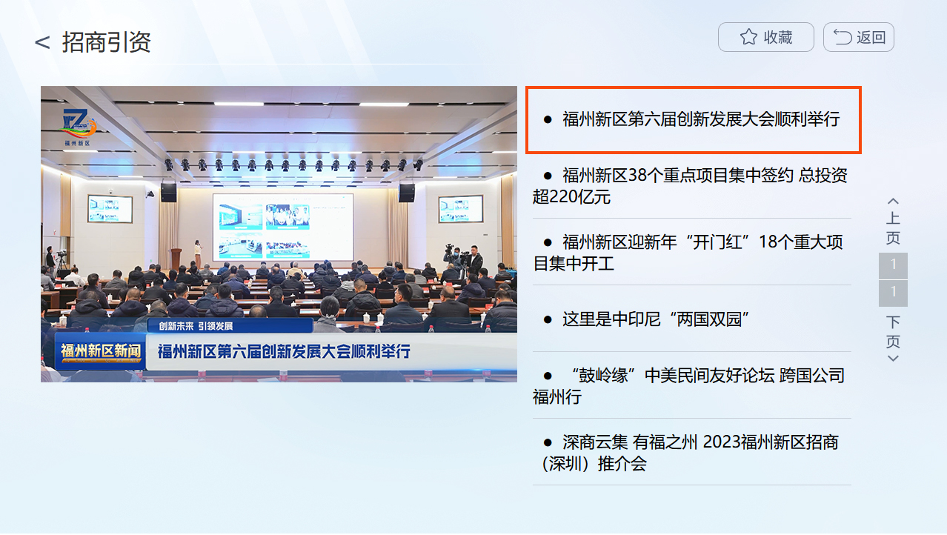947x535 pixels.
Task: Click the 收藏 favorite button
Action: point(765,37)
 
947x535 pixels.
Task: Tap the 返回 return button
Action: point(858,37)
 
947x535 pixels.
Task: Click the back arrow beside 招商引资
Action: point(42,43)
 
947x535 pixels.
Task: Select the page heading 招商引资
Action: point(107,42)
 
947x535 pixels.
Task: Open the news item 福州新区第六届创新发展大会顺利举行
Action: point(693,119)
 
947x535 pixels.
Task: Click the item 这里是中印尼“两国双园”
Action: point(656,319)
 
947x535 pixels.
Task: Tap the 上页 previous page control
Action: point(893,222)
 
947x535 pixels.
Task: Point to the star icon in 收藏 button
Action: point(748,37)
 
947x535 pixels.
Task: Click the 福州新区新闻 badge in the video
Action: point(101,351)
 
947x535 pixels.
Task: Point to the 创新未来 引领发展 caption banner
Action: point(191,326)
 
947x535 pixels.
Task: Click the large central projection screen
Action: point(282,226)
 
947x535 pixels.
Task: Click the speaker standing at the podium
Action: point(197,252)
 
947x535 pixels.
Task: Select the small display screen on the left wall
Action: point(110,209)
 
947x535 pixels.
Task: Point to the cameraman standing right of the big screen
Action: point(473,261)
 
